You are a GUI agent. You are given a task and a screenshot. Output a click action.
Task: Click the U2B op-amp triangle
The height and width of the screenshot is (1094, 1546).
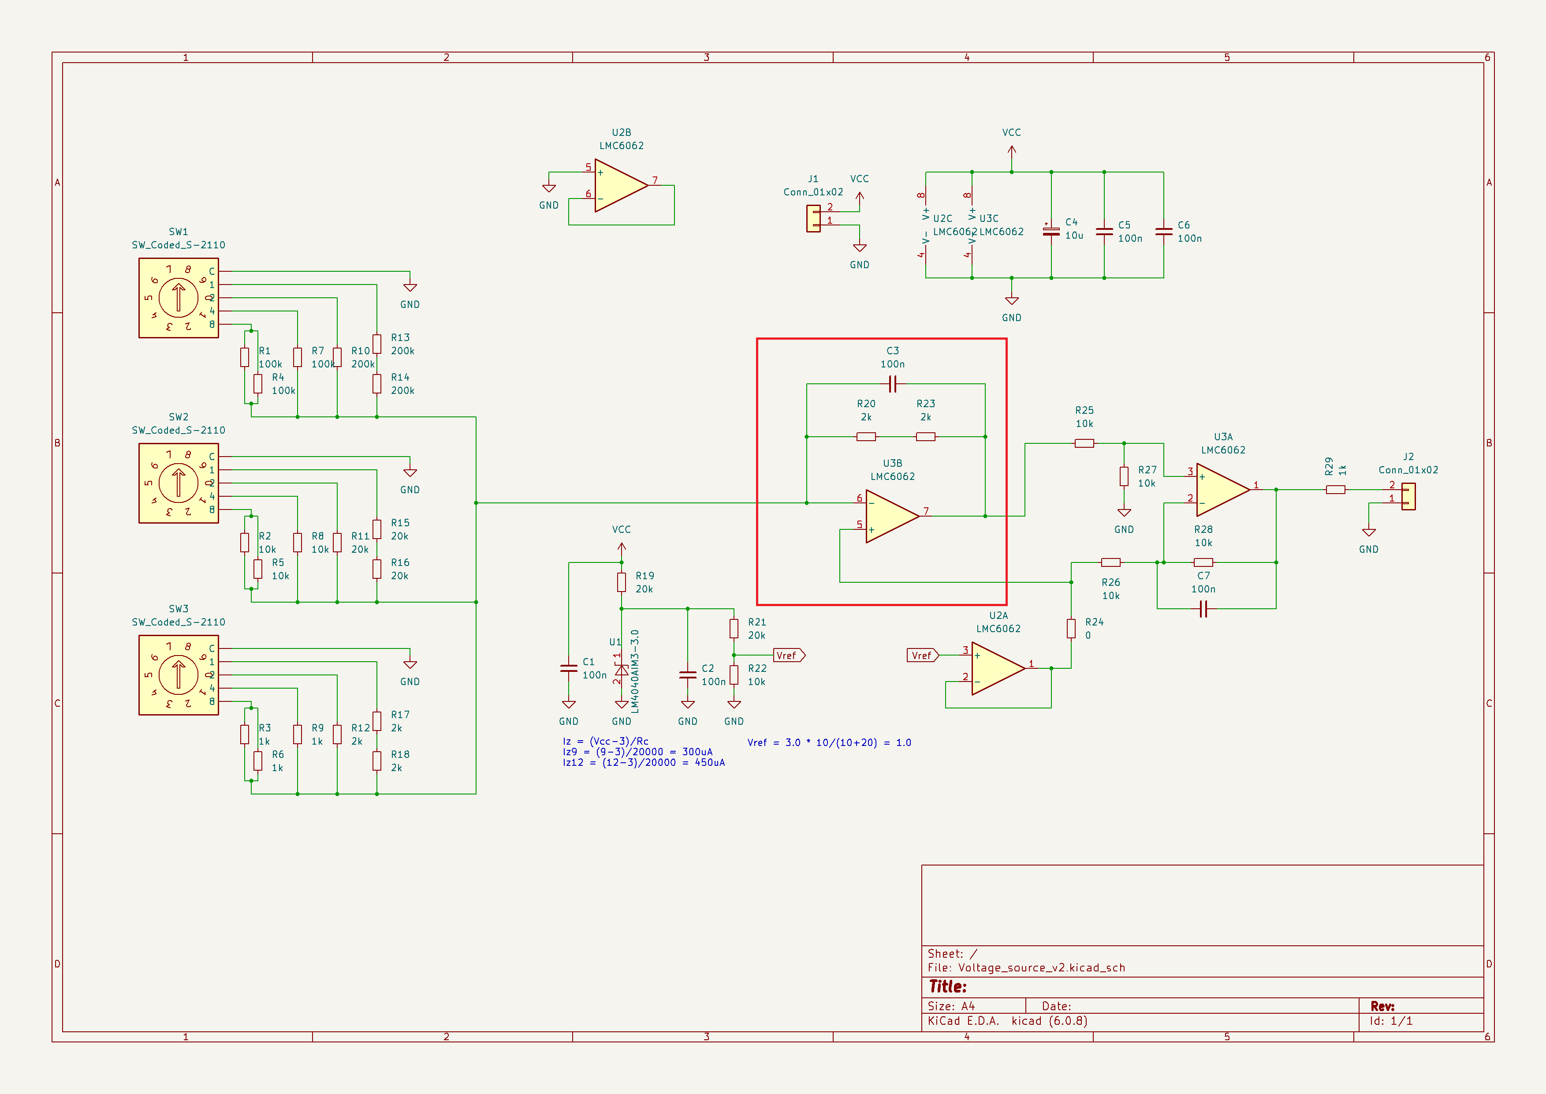tap(621, 185)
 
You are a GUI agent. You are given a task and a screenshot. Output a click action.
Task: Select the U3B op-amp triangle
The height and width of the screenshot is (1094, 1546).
tap(892, 516)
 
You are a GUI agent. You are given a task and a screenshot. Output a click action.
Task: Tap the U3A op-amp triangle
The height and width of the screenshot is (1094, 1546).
tap(1223, 490)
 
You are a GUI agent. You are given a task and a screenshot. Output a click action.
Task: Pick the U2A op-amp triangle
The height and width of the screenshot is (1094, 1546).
tap(998, 668)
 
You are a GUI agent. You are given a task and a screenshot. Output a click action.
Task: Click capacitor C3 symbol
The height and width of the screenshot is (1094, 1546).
tap(892, 384)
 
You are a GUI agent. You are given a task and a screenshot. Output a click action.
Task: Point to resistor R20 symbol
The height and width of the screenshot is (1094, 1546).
tap(866, 437)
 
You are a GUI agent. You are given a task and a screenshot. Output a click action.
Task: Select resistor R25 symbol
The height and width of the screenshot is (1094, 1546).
tap(1084, 443)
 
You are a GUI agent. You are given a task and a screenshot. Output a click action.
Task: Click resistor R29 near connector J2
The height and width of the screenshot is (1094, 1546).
tap(1335, 490)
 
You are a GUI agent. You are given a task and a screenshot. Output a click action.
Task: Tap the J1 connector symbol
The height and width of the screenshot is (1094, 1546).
tap(813, 218)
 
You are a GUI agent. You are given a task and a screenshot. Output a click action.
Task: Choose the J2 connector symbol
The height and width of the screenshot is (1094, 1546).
tap(1408, 496)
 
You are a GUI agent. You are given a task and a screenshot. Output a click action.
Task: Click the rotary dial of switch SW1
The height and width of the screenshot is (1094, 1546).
tap(179, 298)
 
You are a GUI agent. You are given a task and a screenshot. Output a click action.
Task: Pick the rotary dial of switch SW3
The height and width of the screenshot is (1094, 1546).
tap(179, 675)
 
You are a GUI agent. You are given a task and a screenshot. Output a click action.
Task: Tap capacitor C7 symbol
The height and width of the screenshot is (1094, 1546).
tap(1203, 609)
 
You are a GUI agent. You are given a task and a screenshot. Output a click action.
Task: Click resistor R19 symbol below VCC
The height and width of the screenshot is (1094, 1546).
tap(622, 582)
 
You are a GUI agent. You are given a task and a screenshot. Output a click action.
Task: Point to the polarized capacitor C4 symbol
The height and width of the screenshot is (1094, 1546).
tap(1051, 231)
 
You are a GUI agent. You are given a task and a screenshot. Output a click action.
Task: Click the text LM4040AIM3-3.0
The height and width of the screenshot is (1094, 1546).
tap(635, 671)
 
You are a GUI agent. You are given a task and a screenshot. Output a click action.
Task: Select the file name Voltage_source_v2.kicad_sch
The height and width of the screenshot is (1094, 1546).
tap(1042, 967)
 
